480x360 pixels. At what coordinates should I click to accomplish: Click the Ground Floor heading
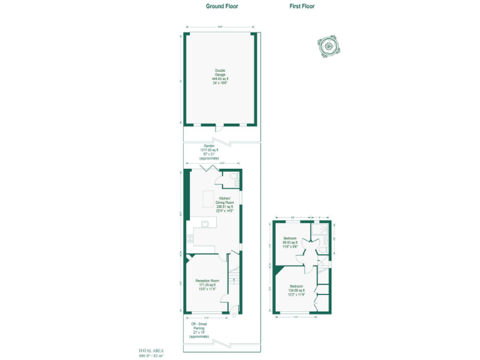222,6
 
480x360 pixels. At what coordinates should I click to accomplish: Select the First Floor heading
302,6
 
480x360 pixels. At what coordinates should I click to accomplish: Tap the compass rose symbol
327,46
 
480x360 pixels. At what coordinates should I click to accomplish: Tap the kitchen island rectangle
209,199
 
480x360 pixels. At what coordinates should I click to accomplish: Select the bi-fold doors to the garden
207,169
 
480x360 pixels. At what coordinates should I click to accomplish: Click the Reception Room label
207,284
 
